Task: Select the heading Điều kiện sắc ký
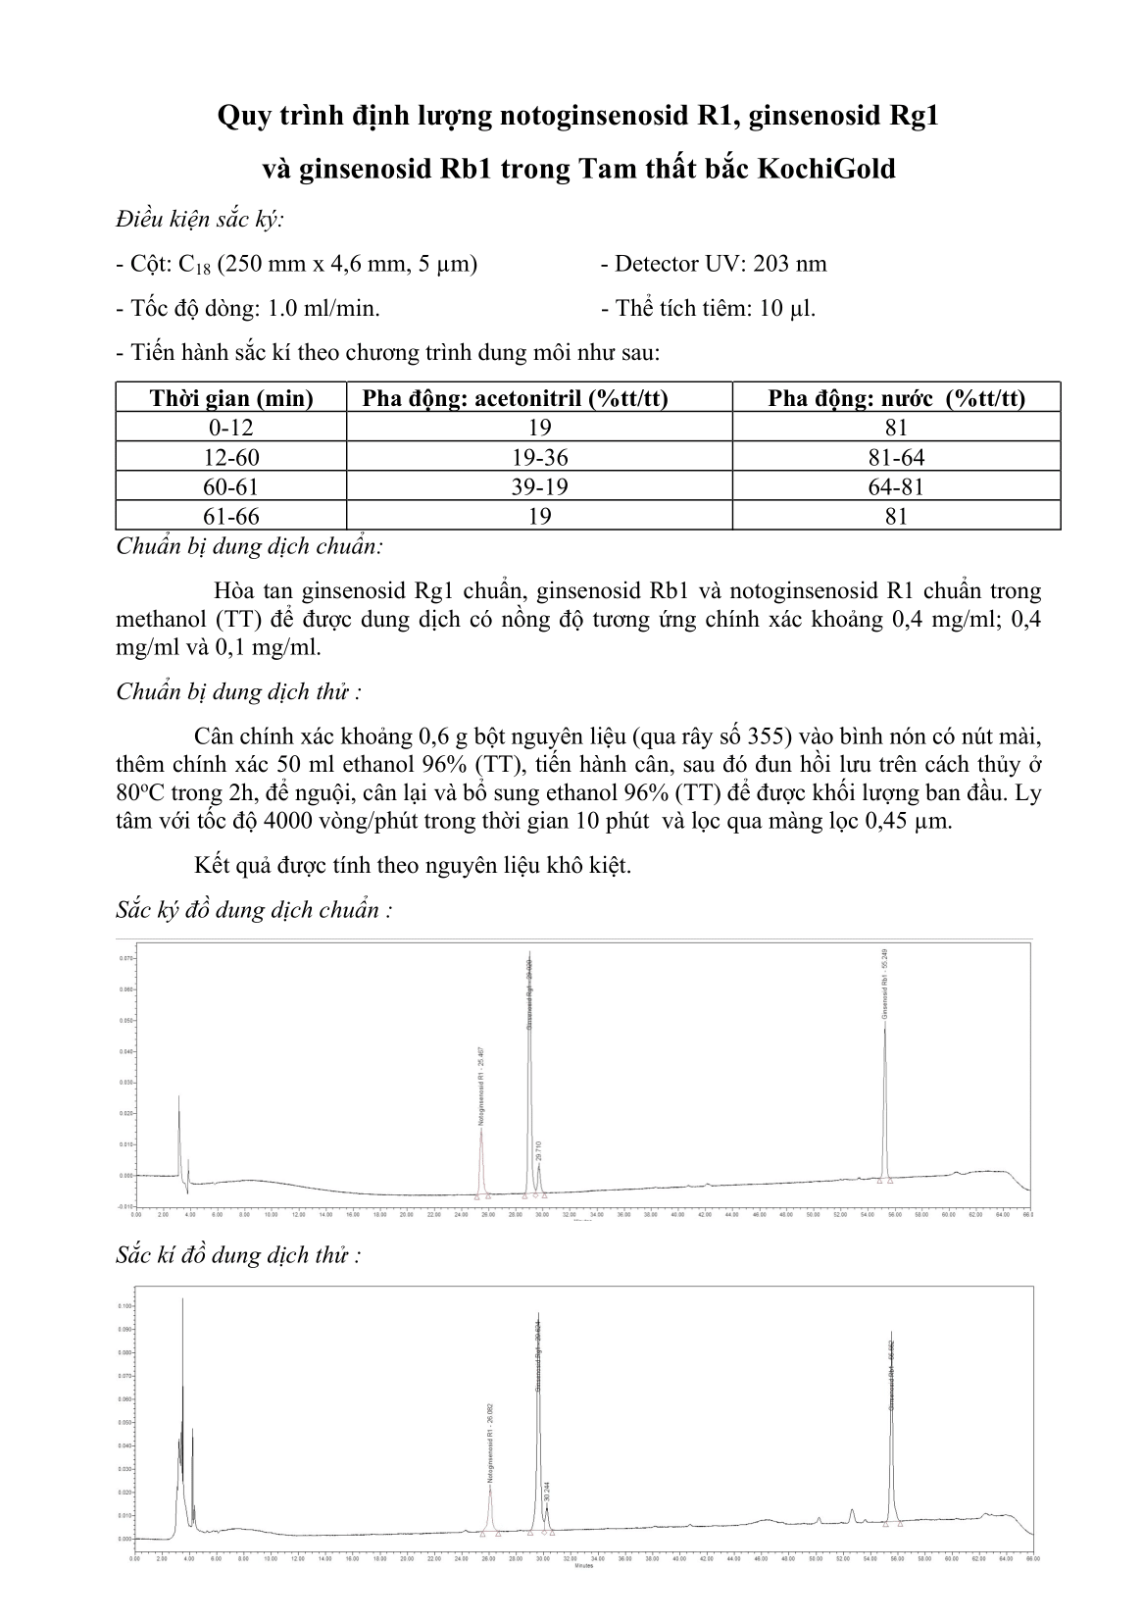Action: pos(200,219)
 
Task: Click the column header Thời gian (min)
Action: pos(231,397)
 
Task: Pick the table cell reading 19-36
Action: pos(539,457)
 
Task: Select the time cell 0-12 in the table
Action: pos(231,428)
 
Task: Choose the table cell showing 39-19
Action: pos(539,486)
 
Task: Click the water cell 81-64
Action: pos(896,457)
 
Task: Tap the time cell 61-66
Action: pos(231,516)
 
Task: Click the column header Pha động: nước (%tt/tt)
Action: pos(896,397)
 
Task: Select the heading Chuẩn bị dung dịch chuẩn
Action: pos(249,546)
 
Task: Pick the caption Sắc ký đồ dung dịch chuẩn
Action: pos(254,910)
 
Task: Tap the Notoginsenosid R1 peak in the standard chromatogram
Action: pos(480,1157)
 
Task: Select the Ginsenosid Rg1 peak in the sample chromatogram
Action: pos(537,1412)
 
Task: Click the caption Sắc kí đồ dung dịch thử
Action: pos(238,1255)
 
